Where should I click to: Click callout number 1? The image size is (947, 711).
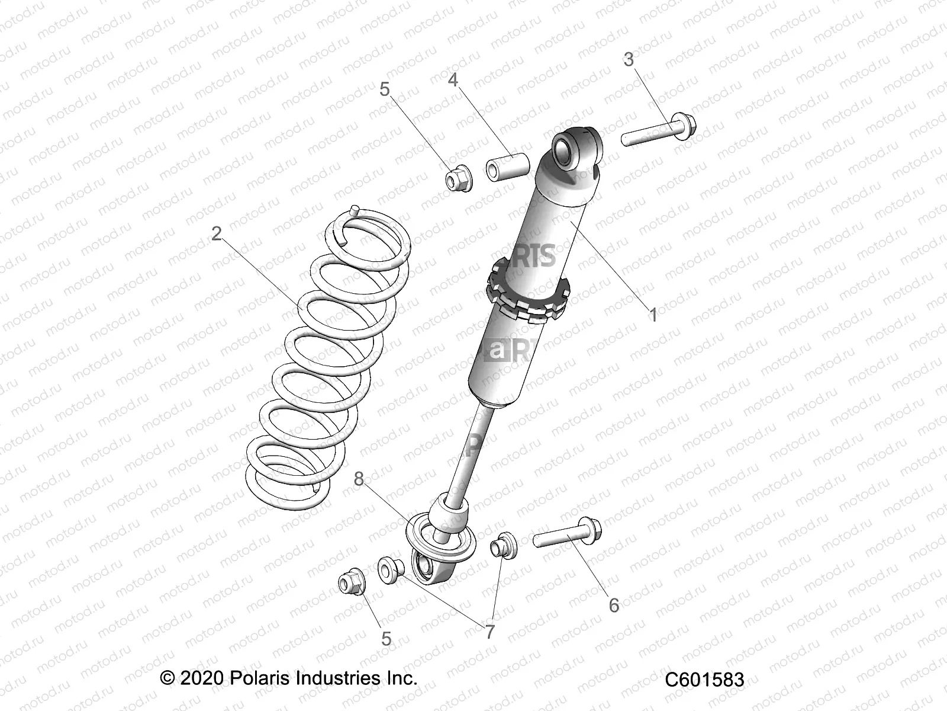pyautogui.click(x=653, y=315)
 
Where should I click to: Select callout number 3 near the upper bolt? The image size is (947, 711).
pyautogui.click(x=629, y=59)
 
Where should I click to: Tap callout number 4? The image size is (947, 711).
pyautogui.click(x=453, y=79)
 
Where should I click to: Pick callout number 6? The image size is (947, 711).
pyautogui.click(x=614, y=605)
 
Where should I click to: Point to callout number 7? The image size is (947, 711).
pyautogui.click(x=489, y=632)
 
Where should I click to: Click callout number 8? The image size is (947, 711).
pyautogui.click(x=359, y=479)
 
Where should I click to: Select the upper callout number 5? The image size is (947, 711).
pyautogui.click(x=385, y=89)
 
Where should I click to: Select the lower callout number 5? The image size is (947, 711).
pyautogui.click(x=386, y=639)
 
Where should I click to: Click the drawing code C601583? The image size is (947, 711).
pyautogui.click(x=704, y=680)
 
